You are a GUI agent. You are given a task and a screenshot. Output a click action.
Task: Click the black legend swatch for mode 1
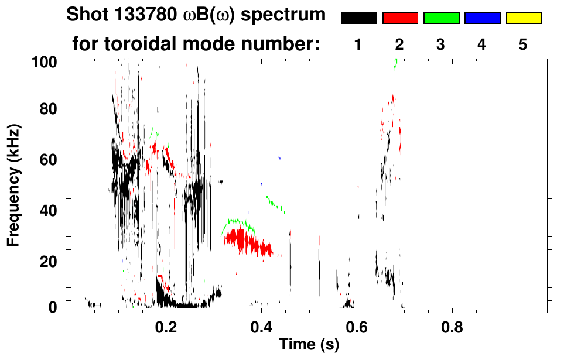(358, 18)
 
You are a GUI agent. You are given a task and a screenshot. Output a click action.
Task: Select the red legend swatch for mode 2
(400, 18)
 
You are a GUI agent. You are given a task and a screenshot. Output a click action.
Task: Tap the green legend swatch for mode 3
(441, 18)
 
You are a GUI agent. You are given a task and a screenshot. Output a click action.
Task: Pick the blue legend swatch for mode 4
(482, 18)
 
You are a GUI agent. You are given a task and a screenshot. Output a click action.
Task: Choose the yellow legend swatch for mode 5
(524, 18)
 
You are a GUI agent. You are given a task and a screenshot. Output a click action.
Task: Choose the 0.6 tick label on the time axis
(356, 325)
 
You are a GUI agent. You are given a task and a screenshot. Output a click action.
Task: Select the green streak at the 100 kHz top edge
(395, 63)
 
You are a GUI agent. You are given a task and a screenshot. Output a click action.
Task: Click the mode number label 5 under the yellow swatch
(523, 44)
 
